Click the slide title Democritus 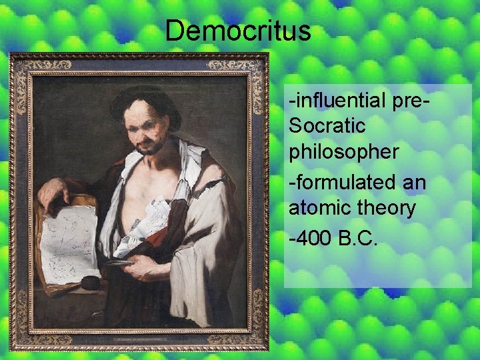coord(238,31)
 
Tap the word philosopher coord(343,151)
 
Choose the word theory coord(383,208)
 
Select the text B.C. coord(358,237)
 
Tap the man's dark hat coord(143,100)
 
